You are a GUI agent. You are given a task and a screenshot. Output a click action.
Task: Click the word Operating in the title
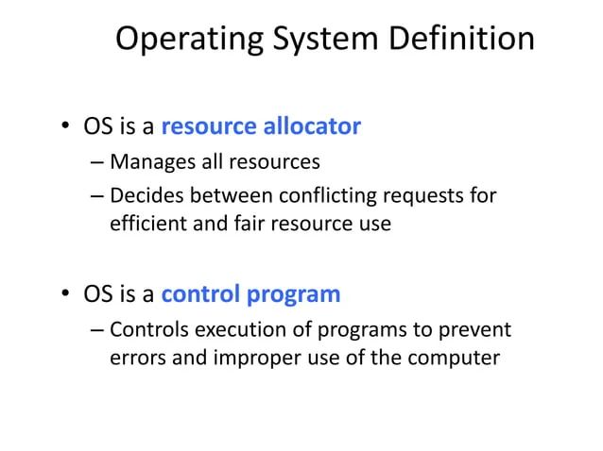pos(186,40)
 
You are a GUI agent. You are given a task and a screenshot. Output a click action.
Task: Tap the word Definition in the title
pos(461,40)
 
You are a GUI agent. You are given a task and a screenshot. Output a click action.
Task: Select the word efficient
pos(147,225)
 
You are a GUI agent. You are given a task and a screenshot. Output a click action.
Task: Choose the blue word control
pos(201,294)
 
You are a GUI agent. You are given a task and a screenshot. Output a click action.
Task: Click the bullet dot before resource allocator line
pos(66,126)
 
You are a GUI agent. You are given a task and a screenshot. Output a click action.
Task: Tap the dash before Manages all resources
pos(98,162)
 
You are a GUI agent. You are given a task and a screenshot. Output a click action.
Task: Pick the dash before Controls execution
pos(98,330)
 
